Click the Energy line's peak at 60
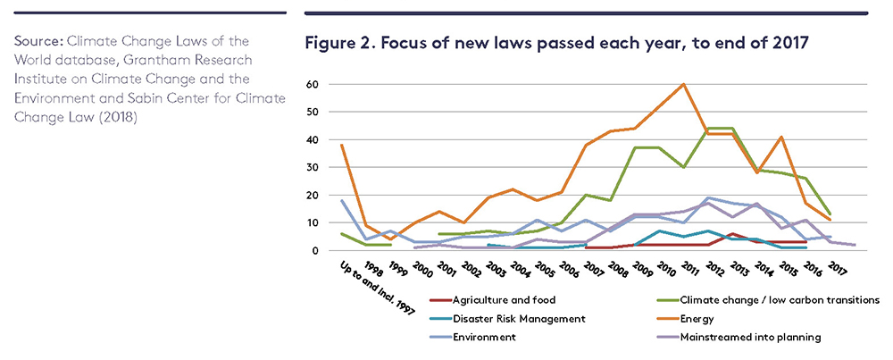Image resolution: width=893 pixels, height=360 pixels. tap(683, 84)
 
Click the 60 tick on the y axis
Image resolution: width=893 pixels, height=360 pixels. tap(313, 84)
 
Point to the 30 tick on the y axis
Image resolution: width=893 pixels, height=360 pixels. tap(313, 167)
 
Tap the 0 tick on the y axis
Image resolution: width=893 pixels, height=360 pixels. tap(315, 251)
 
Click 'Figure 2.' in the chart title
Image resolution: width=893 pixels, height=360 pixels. tap(336, 42)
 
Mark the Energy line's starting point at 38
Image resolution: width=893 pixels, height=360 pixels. tap(341, 145)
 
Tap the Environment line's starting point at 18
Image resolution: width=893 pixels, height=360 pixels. tap(341, 201)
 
